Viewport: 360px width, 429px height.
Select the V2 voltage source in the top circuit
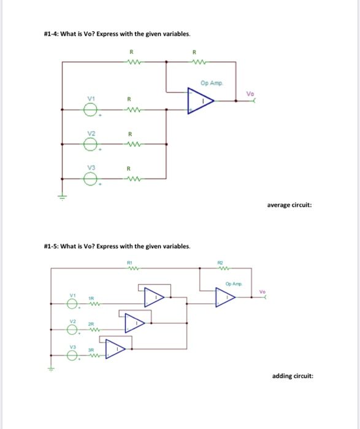click(90, 145)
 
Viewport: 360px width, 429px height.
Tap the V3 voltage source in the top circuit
click(90, 179)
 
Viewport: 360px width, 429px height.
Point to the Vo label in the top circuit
click(249, 93)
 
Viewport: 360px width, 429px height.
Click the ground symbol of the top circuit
click(61, 196)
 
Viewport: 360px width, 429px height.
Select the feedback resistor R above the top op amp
click(196, 61)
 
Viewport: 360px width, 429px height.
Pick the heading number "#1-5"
click(52, 246)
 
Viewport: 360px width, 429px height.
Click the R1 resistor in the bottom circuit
click(129, 268)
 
